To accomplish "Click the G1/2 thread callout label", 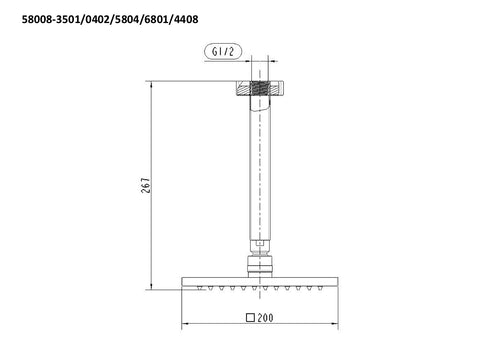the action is pyautogui.click(x=223, y=51).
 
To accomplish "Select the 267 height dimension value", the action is pyautogui.click(x=146, y=185).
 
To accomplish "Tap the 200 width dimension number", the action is pyautogui.click(x=265, y=318).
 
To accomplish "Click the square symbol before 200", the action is pyautogui.click(x=250, y=318).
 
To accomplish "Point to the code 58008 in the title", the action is pyautogui.click(x=36, y=19).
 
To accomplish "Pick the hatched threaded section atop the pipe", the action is pyautogui.click(x=260, y=88).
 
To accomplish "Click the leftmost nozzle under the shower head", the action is pyautogui.click(x=200, y=288).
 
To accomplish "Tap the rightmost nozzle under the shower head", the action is pyautogui.click(x=320, y=288).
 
